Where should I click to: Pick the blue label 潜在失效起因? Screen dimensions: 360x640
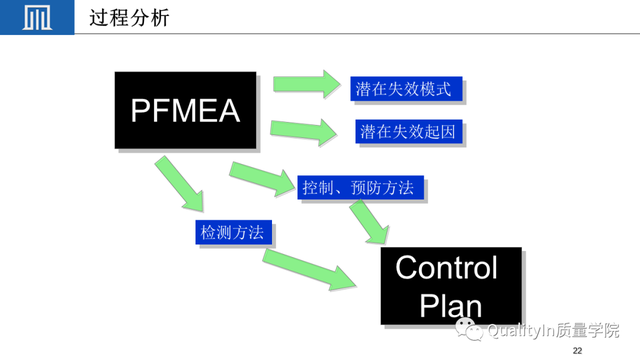[x=410, y=131]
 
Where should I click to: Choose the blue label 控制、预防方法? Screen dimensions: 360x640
[x=362, y=187]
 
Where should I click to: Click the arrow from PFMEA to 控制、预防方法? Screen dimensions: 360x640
[x=262, y=177]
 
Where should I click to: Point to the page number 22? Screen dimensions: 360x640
[x=577, y=351]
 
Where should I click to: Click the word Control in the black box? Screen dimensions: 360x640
[x=446, y=268]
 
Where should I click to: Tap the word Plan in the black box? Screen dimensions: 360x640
[x=450, y=305]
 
